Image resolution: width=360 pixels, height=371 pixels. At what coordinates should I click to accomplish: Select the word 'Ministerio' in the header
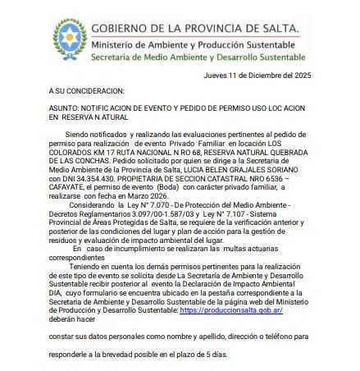point(116,43)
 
